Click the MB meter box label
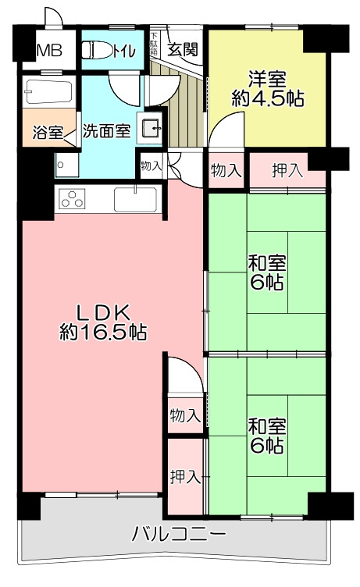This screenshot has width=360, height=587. coord(49,51)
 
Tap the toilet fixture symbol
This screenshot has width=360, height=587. coord(96,50)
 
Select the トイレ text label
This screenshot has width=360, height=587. coord(123,51)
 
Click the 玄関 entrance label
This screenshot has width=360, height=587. coord(183,49)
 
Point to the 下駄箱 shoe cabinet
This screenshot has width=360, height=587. coord(154,44)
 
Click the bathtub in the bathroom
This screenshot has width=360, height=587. coord(48,92)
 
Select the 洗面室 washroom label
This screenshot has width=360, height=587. coord(106,130)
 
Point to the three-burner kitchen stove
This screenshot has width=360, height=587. coord(72,198)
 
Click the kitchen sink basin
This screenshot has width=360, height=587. coord(135,200)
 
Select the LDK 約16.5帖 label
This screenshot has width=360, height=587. coord(103,322)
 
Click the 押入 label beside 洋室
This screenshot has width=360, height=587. coord(287,170)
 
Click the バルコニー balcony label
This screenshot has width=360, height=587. coord(179,534)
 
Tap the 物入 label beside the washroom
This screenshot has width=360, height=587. coord(151,165)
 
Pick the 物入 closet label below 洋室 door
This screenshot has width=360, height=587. coord(226,171)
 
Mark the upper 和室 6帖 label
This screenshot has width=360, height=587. coord(267,273)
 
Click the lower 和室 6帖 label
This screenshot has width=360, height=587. coord(267,436)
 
